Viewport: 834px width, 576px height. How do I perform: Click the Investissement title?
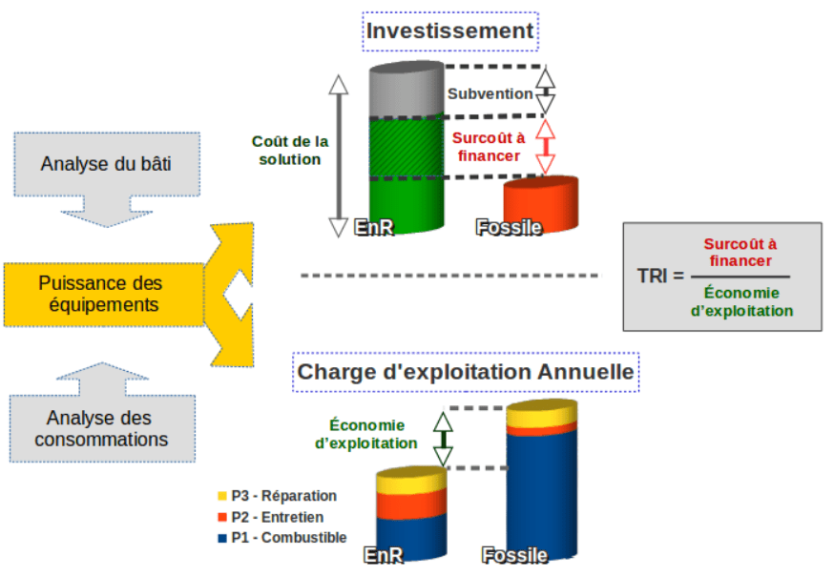(x=450, y=31)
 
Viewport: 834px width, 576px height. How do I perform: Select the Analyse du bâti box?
(x=107, y=164)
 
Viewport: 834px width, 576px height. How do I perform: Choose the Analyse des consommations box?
(x=102, y=428)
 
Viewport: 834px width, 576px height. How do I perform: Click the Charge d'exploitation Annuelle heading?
(x=466, y=372)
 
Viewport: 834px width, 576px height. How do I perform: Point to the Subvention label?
(x=490, y=94)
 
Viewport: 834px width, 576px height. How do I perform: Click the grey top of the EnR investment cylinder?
(x=407, y=90)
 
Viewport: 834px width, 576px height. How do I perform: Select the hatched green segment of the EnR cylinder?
(x=407, y=148)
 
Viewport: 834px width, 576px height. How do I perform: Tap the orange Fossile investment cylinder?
(x=541, y=204)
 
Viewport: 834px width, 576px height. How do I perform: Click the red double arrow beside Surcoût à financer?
(x=545, y=147)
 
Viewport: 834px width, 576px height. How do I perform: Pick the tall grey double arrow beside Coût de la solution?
(x=339, y=155)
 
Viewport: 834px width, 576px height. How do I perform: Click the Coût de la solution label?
(x=290, y=151)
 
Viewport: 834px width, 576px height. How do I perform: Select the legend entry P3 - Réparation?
(x=277, y=496)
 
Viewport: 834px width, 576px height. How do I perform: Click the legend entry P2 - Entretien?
(x=271, y=517)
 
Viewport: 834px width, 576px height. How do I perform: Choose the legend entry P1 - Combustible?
(x=281, y=538)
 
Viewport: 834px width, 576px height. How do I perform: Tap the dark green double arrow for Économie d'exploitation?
(x=443, y=439)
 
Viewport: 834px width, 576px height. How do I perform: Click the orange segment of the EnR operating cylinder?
(x=411, y=504)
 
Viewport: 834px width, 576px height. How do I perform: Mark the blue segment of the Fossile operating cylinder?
(x=541, y=494)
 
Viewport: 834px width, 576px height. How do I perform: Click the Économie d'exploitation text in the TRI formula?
(x=742, y=301)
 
